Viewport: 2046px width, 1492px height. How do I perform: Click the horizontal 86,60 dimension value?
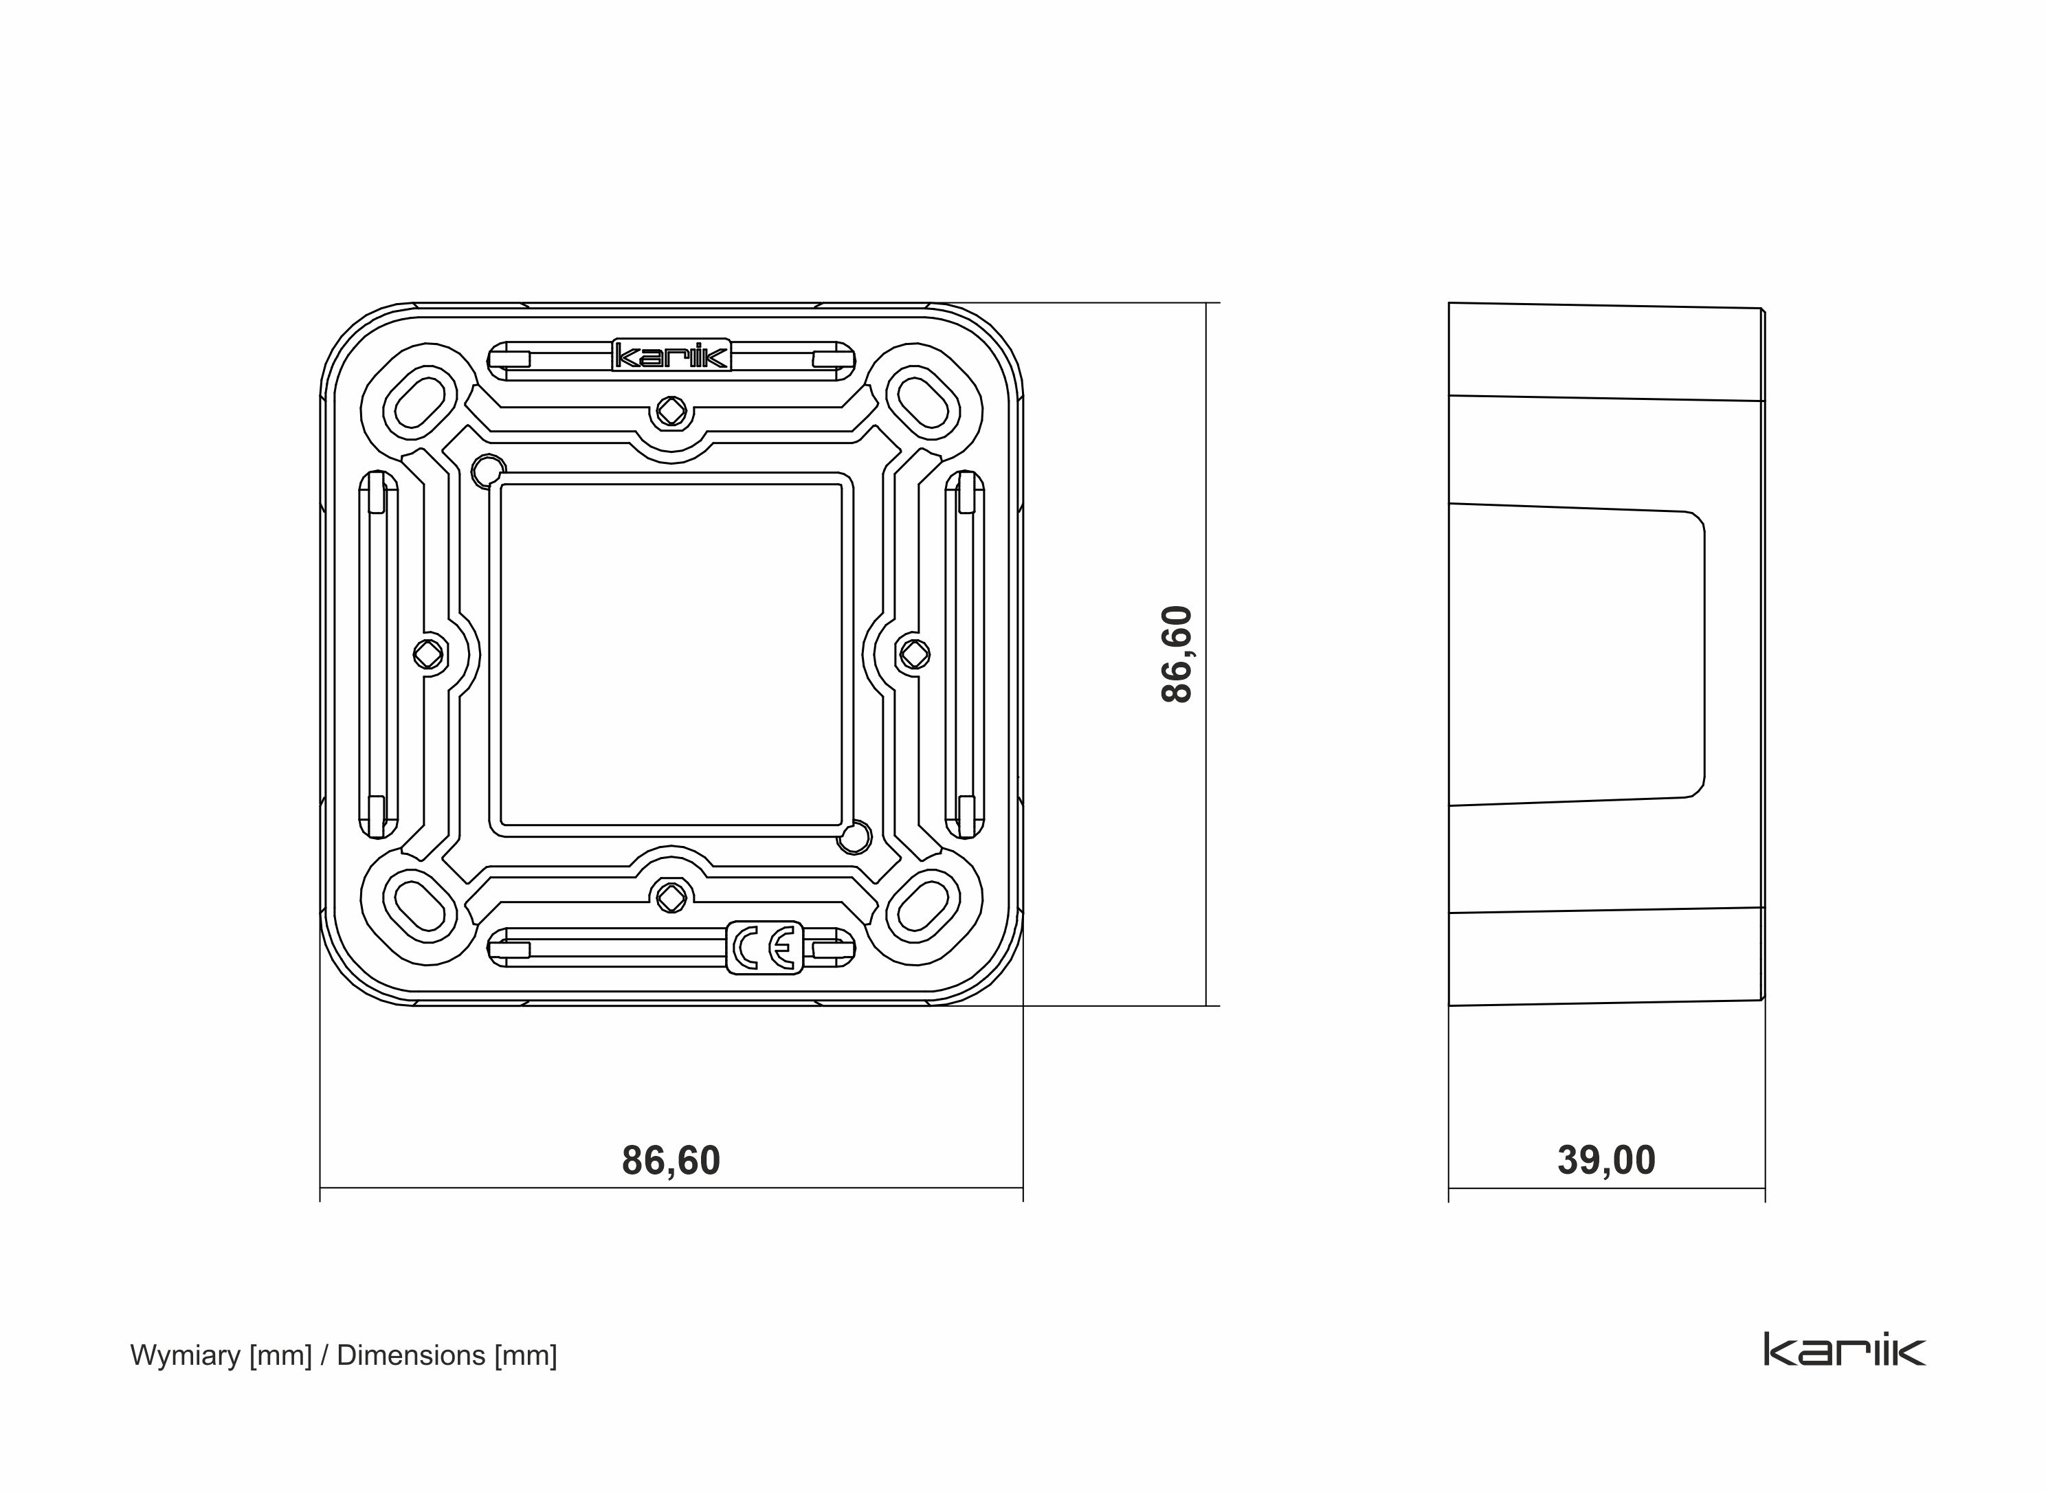[x=671, y=1161]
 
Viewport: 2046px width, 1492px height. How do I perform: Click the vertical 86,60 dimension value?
[x=1177, y=654]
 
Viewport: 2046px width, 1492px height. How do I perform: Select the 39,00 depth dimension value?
[x=1606, y=1161]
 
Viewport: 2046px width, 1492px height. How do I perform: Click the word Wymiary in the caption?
[x=185, y=1356]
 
